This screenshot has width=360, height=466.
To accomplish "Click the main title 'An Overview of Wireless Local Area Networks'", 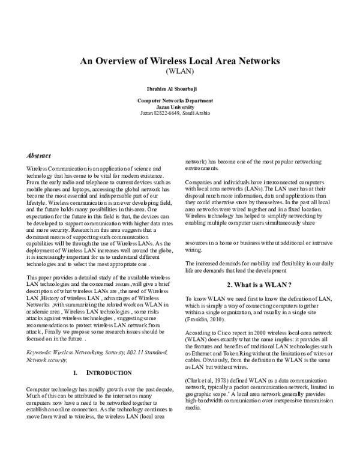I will pos(180,61).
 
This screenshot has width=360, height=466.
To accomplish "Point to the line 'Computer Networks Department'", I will pos(180,101).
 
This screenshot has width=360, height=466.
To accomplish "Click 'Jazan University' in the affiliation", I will pos(180,106).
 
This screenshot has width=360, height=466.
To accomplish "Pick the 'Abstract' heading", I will pos(39,155).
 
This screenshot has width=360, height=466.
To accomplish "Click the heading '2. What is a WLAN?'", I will pos(258,284).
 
